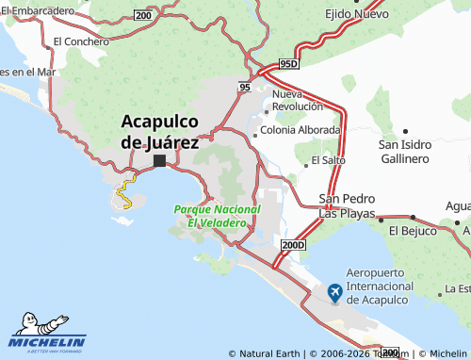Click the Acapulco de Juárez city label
click(x=159, y=132)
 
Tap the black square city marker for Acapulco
click(x=159, y=160)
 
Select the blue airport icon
click(x=334, y=293)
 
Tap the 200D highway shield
click(x=293, y=245)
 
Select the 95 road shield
click(x=245, y=87)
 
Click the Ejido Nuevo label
click(x=357, y=15)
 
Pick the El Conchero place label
click(x=81, y=41)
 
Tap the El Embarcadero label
click(x=38, y=9)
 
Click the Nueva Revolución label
click(x=298, y=101)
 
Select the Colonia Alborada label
click(x=300, y=130)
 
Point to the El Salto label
click(x=328, y=160)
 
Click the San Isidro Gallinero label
click(x=405, y=151)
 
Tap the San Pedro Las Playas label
click(x=348, y=205)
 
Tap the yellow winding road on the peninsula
click(x=122, y=196)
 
